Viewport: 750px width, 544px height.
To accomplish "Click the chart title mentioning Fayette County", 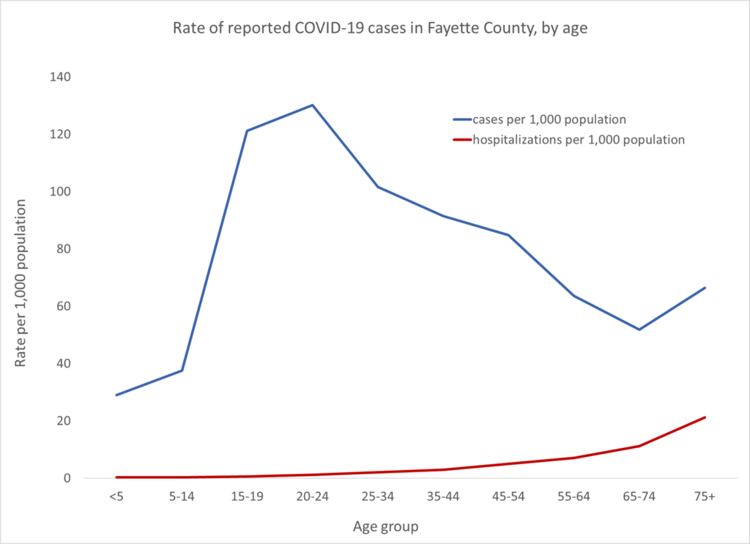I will click(374, 30).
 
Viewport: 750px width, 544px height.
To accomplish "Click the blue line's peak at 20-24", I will click(313, 105).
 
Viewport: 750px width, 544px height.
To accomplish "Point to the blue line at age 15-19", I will click(248, 131).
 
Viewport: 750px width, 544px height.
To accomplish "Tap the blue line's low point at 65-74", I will click(639, 329).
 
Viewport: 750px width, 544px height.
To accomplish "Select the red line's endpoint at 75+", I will click(705, 417).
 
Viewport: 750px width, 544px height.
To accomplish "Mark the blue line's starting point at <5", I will click(116, 395).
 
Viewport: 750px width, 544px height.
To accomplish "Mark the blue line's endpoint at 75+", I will click(705, 288).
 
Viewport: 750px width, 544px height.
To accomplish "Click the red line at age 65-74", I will click(639, 446).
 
